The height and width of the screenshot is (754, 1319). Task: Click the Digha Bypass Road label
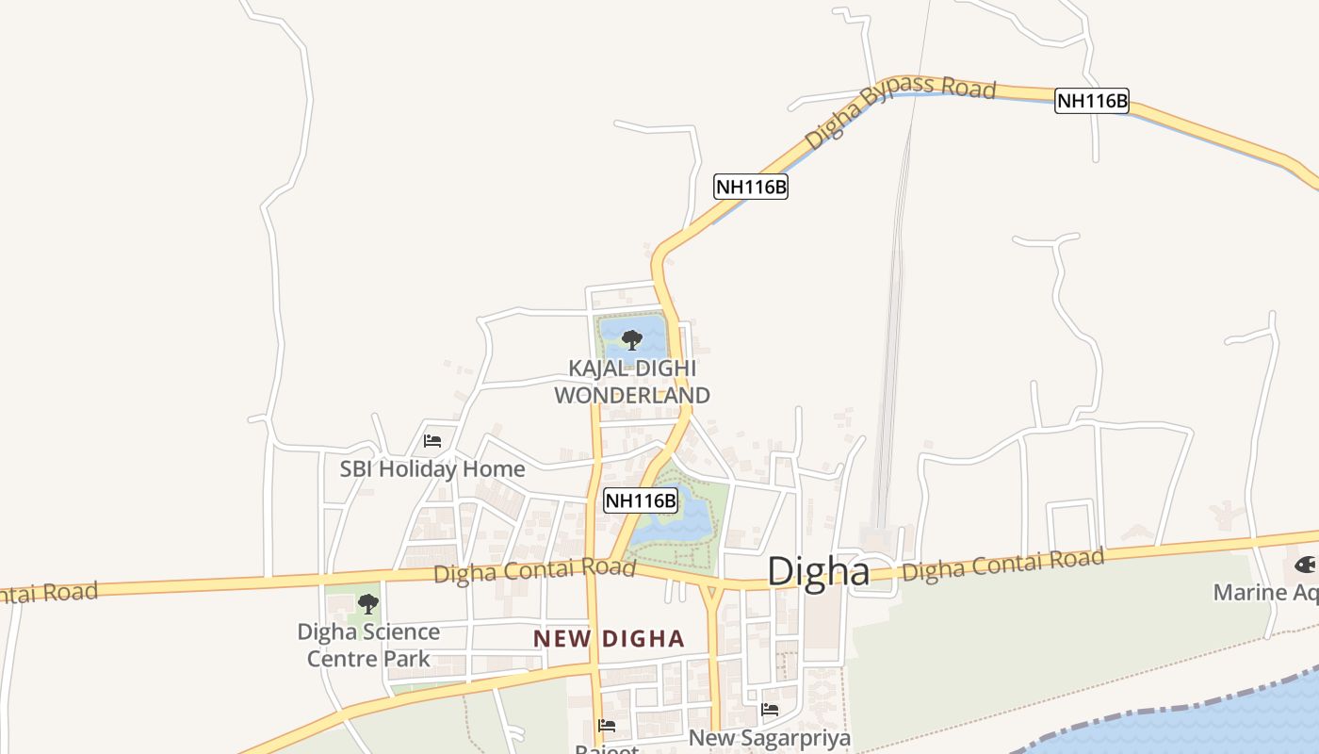tap(900, 113)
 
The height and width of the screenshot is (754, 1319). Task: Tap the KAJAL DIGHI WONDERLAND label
tap(631, 382)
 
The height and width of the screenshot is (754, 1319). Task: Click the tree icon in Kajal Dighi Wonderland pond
tap(632, 339)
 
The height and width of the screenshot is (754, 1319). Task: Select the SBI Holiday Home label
tap(432, 468)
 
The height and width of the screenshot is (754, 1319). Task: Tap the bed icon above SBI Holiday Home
tap(432, 440)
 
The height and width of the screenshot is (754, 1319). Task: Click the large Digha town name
tap(818, 572)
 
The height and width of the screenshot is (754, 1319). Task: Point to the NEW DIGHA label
tap(609, 639)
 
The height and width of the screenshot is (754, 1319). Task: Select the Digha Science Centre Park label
tap(368, 645)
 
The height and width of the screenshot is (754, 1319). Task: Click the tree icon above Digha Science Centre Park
tap(367, 604)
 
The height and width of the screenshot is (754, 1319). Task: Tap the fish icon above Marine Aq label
tap(1305, 565)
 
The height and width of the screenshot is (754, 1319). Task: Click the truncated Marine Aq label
tap(1264, 593)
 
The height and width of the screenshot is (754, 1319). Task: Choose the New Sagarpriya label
tap(769, 737)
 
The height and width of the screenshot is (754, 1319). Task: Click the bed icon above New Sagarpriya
tap(770, 710)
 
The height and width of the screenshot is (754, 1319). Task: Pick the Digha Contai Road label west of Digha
tap(534, 570)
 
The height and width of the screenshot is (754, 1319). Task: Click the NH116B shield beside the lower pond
tap(641, 500)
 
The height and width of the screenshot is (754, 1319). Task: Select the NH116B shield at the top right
tap(1092, 101)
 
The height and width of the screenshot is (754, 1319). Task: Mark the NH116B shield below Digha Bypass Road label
tap(750, 187)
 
